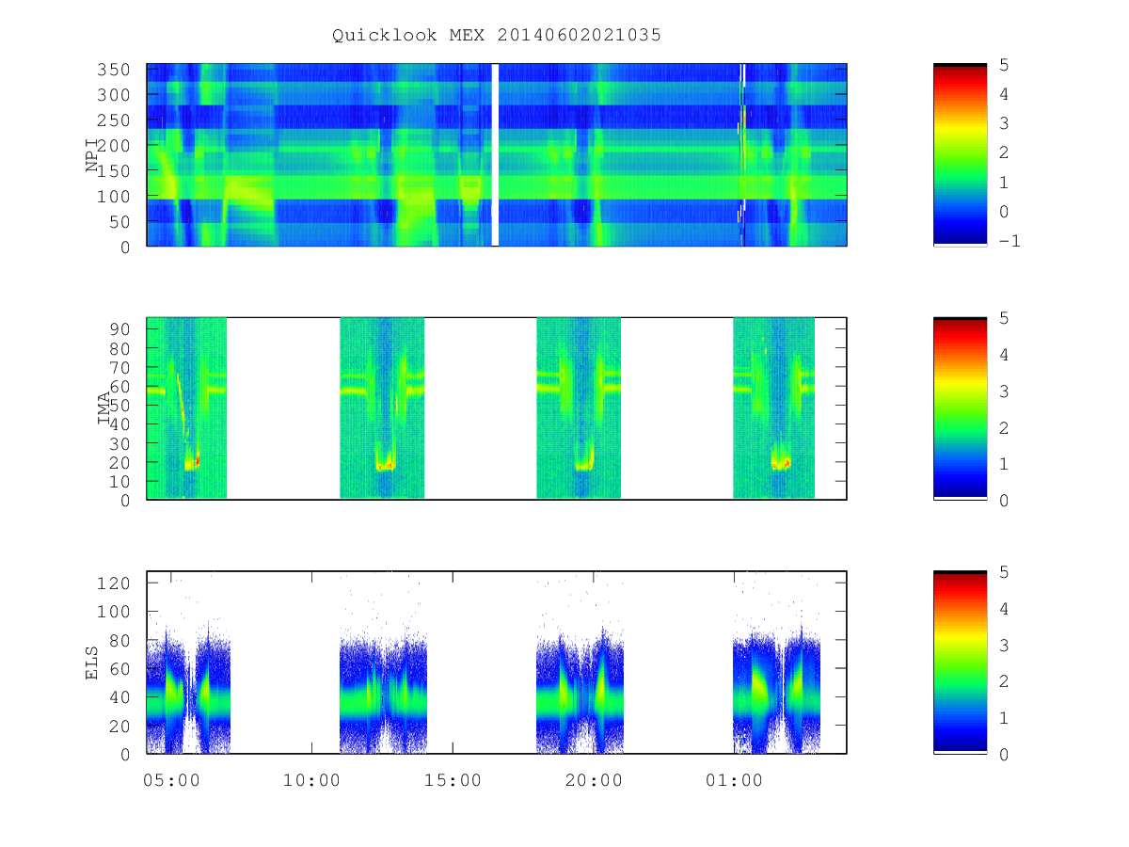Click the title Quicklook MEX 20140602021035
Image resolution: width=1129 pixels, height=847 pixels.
click(x=497, y=35)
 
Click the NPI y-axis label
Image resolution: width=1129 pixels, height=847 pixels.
click(x=91, y=155)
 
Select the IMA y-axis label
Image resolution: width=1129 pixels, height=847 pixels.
click(x=103, y=408)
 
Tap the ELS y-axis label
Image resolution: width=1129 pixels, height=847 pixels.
click(x=91, y=663)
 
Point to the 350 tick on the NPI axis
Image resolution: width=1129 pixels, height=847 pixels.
click(x=114, y=70)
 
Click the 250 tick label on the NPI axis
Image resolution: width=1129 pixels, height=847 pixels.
click(x=114, y=120)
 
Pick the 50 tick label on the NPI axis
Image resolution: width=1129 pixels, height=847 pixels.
click(x=119, y=222)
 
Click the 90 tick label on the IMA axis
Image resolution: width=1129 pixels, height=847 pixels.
click(x=119, y=329)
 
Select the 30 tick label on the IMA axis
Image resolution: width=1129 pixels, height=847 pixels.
click(x=119, y=444)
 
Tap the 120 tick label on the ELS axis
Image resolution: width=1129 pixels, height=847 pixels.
click(x=114, y=583)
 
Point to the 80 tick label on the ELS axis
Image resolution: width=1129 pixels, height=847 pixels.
click(x=119, y=641)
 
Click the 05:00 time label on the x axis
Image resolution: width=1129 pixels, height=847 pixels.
click(x=171, y=780)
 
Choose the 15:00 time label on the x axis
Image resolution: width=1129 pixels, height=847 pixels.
click(x=453, y=780)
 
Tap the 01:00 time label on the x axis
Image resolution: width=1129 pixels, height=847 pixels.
click(x=734, y=780)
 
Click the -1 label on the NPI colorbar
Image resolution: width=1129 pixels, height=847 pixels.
click(x=1010, y=241)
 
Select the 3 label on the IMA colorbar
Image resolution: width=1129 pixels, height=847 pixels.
click(x=1004, y=392)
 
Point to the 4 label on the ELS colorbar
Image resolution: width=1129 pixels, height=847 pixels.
click(x=1004, y=609)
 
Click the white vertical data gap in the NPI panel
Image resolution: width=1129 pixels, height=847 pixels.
click(x=495, y=154)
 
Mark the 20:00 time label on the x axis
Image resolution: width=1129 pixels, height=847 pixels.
click(x=594, y=780)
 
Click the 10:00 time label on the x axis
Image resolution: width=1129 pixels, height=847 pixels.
click(x=311, y=780)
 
